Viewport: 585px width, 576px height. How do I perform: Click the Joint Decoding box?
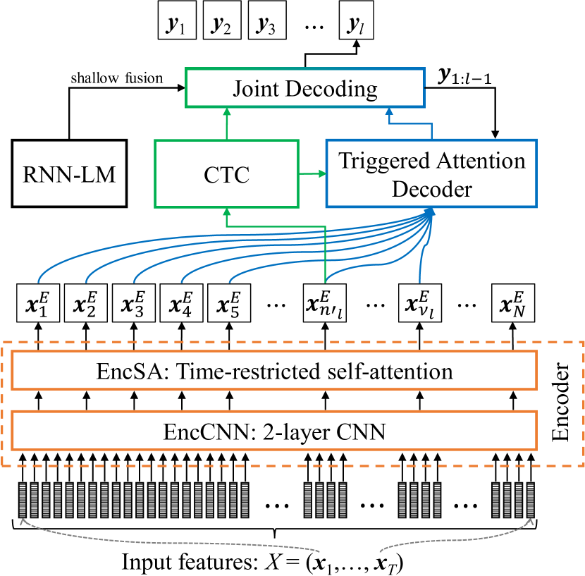(x=304, y=88)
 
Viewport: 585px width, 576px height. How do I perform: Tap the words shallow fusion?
(x=116, y=77)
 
